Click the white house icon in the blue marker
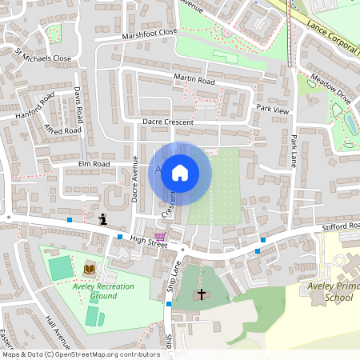[x=180, y=172]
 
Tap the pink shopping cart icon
[x=160, y=237]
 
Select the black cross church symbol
[x=201, y=294]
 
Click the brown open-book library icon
[x=89, y=268]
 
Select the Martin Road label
[x=194, y=80]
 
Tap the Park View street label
[x=271, y=108]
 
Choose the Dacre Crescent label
[x=168, y=121]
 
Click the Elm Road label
[x=93, y=164]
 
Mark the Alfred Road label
[x=63, y=128]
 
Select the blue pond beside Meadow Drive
[x=350, y=123]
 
